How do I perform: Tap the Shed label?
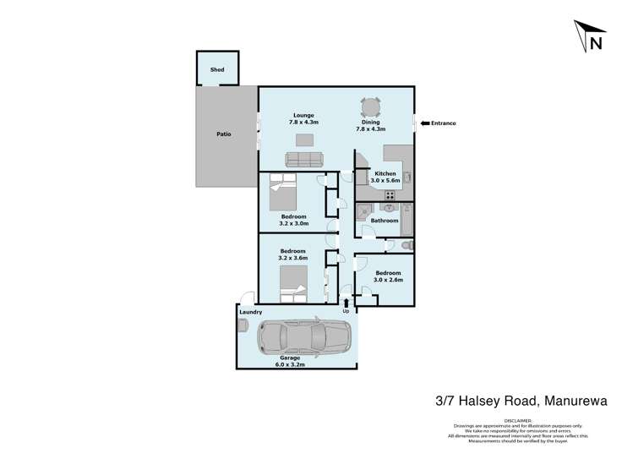coord(217,70)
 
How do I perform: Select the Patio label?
coord(223,134)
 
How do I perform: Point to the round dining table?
coord(371,107)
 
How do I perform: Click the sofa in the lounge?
coord(303,159)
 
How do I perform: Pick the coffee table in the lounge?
coord(303,140)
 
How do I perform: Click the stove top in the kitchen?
coord(390,195)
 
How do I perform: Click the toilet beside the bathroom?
coord(407,245)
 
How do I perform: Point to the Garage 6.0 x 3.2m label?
coord(290,362)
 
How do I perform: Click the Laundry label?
coord(250,312)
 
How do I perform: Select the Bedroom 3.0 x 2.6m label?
coord(388,276)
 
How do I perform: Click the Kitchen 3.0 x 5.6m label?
coord(385,178)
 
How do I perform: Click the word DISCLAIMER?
coord(519,420)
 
